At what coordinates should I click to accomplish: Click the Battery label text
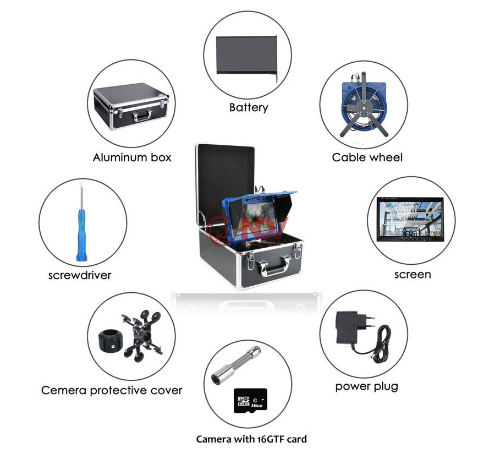[249, 107]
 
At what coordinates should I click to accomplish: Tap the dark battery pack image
[246, 54]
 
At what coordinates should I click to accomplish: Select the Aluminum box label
[132, 157]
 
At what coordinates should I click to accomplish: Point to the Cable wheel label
[367, 157]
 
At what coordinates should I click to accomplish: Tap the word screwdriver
[80, 275]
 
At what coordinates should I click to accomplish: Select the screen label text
[413, 274]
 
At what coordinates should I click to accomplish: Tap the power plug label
[367, 386]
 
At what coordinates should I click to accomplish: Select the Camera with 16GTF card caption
[251, 439]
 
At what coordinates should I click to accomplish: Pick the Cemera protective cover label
[112, 391]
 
